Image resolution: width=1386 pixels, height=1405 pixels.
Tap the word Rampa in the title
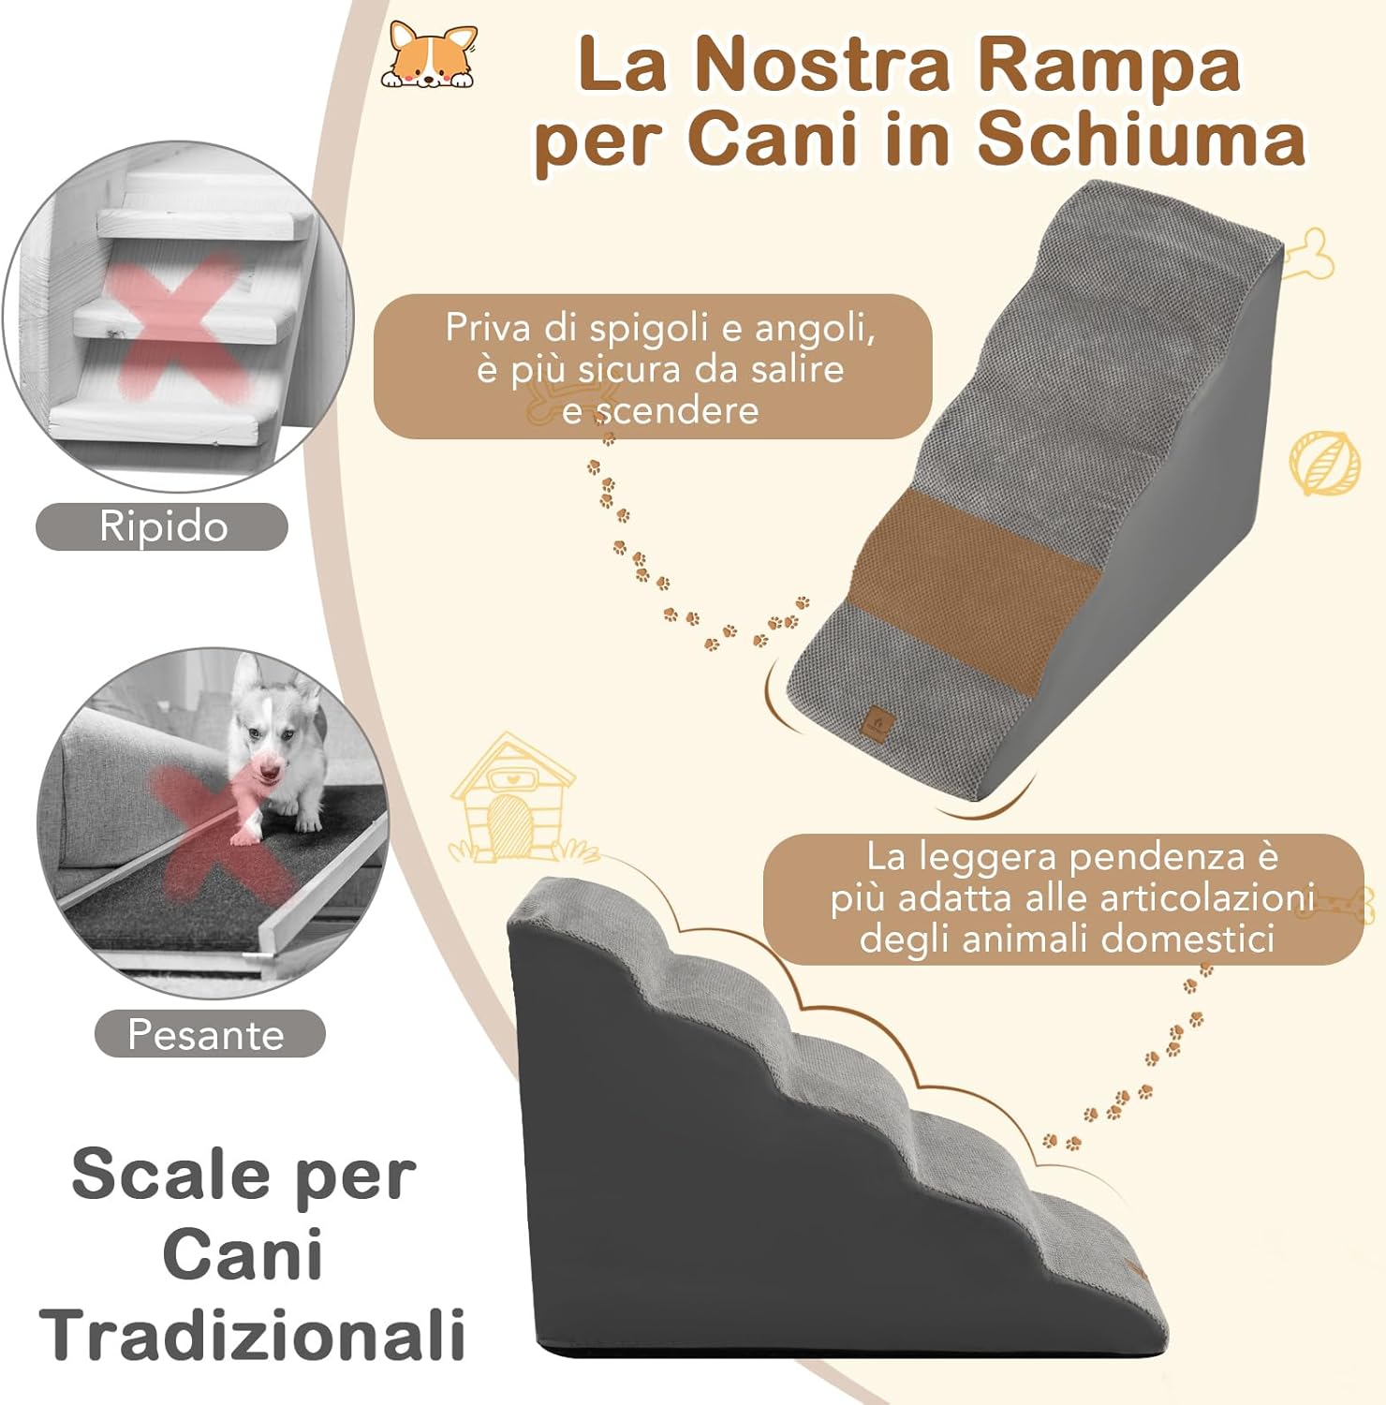1108,66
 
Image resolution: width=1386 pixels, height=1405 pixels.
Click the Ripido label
163,526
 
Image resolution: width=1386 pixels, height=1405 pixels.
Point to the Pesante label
206,1035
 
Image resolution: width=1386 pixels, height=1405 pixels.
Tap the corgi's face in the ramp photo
265,754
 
